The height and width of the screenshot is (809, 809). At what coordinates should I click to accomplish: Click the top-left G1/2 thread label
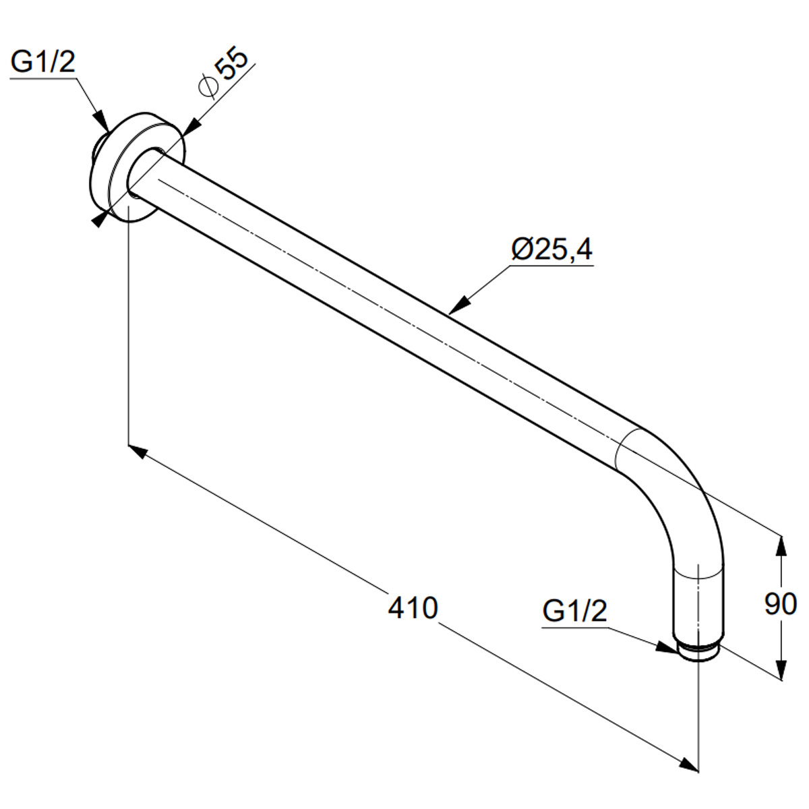tap(43, 63)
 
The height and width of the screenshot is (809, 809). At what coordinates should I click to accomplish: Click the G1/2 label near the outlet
tap(575, 611)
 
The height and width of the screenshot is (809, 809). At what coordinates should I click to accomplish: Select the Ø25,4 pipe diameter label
tap(551, 249)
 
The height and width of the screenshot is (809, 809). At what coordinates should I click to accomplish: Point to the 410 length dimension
tap(413, 607)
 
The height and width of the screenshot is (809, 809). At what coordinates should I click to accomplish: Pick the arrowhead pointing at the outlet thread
tap(667, 647)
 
